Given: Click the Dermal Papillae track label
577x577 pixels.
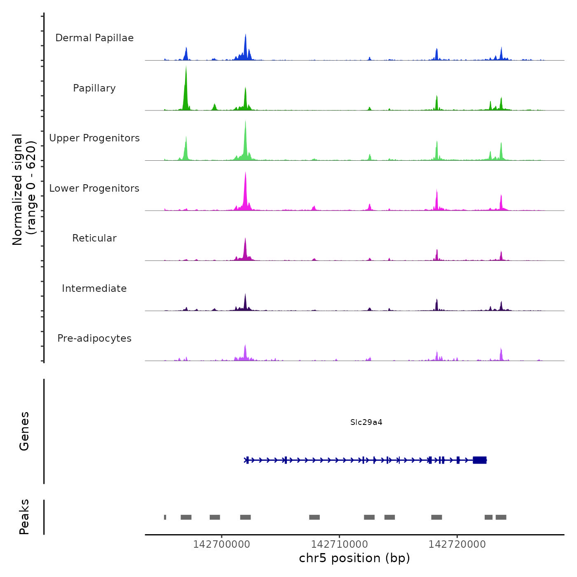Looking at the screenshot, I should (94, 38).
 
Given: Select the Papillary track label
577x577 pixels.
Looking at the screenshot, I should (94, 88).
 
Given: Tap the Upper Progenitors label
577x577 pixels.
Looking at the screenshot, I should (94, 138).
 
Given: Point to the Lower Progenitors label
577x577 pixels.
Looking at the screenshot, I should (94, 188).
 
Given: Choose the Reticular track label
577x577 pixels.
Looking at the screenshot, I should (94, 238).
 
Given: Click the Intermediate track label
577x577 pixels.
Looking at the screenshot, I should (94, 288).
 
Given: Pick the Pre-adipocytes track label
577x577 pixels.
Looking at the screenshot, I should (94, 338).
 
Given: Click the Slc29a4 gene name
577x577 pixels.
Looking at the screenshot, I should (366, 422).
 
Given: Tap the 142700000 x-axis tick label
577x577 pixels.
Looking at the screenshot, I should (221, 544).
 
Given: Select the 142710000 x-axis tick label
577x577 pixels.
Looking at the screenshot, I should (339, 544).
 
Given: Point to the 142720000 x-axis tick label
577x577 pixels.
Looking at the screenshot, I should (457, 544).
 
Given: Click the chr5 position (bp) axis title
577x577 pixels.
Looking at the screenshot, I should (354, 558).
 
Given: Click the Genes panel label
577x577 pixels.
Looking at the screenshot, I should (24, 431).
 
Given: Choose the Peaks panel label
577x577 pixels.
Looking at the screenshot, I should (24, 517).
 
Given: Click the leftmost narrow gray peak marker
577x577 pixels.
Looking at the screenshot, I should (165, 517).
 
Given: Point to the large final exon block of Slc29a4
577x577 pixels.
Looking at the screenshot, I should (480, 460).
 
